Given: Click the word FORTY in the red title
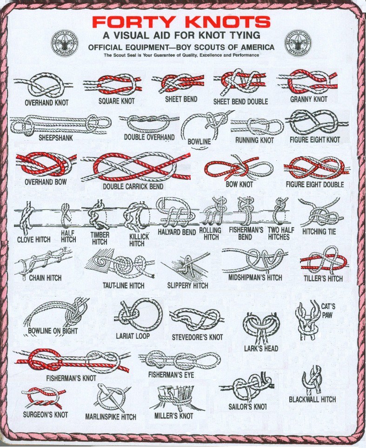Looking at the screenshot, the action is [x=133, y=22].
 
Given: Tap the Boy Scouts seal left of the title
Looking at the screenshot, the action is [x=64, y=43].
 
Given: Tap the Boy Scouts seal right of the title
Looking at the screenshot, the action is [x=298, y=43].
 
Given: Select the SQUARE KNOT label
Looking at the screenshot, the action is [x=116, y=101].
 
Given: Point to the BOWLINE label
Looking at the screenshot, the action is [x=200, y=141].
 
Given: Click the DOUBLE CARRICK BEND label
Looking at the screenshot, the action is [x=133, y=186].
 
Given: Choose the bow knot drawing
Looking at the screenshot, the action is [x=239, y=169].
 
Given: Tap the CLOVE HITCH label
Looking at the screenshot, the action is [x=34, y=239].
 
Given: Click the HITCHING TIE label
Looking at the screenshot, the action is [x=319, y=231].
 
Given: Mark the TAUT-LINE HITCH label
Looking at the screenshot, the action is [x=124, y=285].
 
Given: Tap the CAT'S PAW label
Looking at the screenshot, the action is [x=328, y=310].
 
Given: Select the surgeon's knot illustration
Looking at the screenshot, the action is [x=42, y=398].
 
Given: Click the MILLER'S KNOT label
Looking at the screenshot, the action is [x=174, y=416].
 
